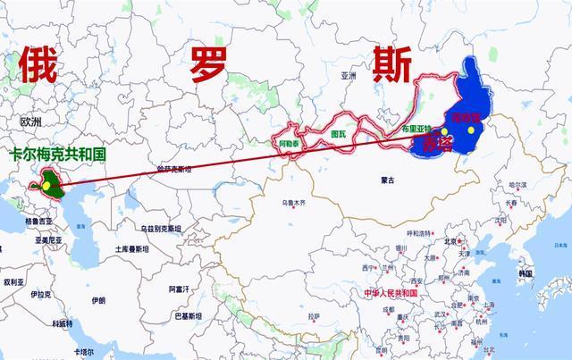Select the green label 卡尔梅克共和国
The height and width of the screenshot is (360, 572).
pos(58,155)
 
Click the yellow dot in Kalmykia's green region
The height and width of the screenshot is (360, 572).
pos(46,185)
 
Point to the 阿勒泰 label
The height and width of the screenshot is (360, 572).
pos(288,142)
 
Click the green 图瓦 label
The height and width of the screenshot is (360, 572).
pos(339,134)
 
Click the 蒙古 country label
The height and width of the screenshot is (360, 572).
pos(388,180)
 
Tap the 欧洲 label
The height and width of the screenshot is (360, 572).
pos(31,121)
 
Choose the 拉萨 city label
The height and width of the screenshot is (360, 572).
pos(312,315)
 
